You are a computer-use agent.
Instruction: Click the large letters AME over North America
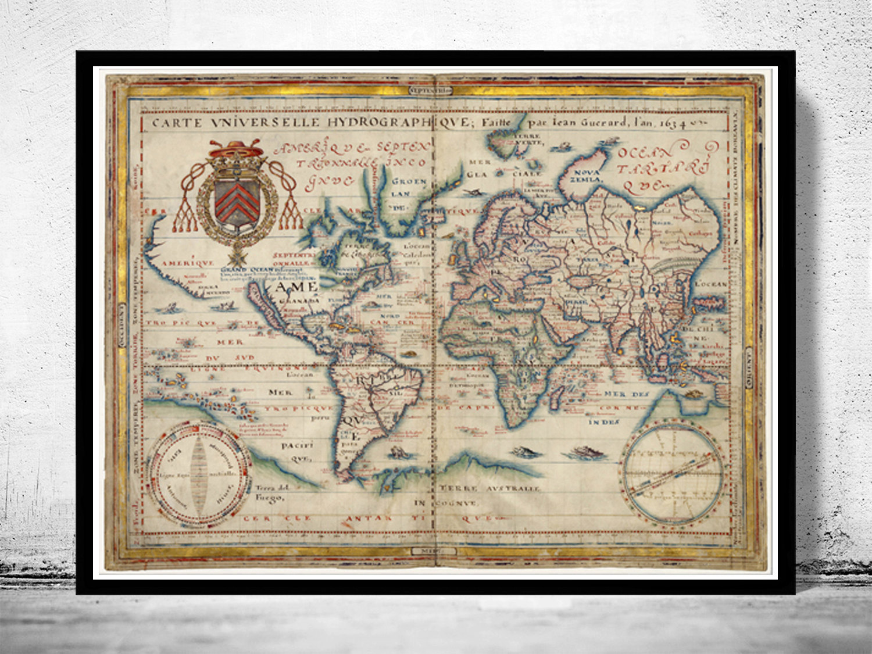pos(296,287)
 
